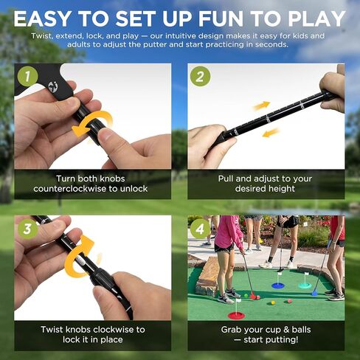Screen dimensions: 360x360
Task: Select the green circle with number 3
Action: (x=27, y=229)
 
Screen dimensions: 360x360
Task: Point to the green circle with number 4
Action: (x=201, y=229)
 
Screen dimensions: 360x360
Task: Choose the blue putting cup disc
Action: (x=278, y=285)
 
